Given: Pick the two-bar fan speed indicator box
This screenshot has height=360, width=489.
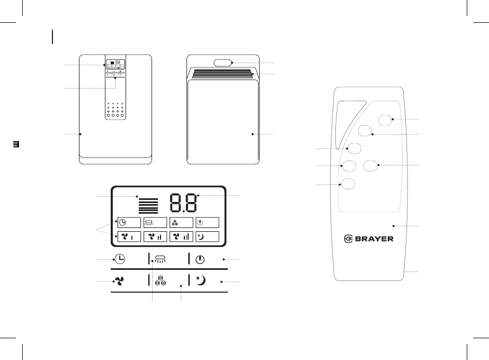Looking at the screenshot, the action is (x=155, y=236).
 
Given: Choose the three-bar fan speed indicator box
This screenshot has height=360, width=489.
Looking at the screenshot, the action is (x=181, y=236).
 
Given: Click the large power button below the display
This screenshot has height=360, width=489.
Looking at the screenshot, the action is (x=200, y=260).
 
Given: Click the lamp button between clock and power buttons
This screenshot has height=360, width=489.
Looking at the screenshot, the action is (x=161, y=259).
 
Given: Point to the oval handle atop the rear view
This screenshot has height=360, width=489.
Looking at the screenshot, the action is (x=224, y=63).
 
